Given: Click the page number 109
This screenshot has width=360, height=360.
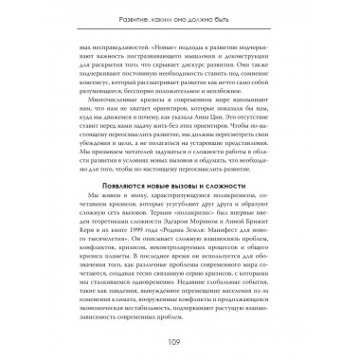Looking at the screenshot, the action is click(180, 342).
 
